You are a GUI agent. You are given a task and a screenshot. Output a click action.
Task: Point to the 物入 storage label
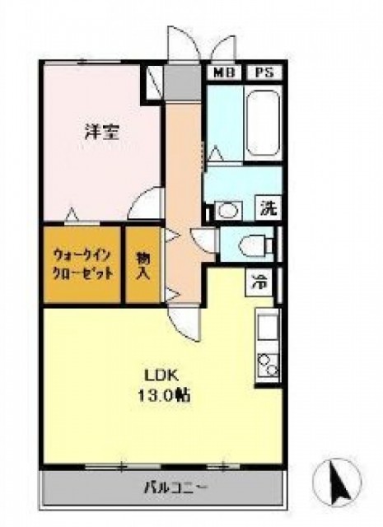click(142, 264)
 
